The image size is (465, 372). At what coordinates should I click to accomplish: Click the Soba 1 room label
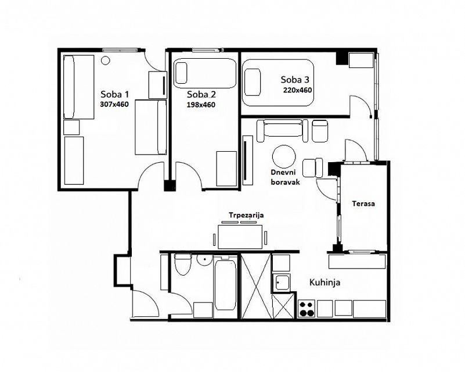[x=115, y=94]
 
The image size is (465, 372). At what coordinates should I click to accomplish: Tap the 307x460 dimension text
[x=115, y=105]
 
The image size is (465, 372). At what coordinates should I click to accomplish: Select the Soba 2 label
[x=201, y=95]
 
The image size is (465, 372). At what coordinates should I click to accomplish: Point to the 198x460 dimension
[x=201, y=105]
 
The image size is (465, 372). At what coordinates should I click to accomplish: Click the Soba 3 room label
[x=295, y=80]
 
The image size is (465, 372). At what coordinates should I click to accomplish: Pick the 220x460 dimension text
[x=297, y=90]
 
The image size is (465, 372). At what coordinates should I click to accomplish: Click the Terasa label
[x=363, y=203]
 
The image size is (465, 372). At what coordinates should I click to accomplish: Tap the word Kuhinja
[x=325, y=282]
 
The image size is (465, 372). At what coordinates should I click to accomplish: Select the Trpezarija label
[x=246, y=215]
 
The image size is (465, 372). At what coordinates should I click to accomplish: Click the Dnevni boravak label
[x=285, y=177]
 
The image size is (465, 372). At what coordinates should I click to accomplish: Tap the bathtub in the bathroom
[x=225, y=285]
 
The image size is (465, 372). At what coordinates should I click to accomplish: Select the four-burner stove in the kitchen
[x=307, y=309]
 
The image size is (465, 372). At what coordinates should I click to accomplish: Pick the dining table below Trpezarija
[x=240, y=237]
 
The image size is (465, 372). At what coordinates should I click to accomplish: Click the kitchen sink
[x=281, y=282]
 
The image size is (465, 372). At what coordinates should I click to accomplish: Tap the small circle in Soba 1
[x=105, y=60]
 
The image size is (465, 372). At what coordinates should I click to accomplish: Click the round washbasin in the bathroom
[x=204, y=259]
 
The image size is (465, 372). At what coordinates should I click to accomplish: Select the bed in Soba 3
[x=278, y=83]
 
